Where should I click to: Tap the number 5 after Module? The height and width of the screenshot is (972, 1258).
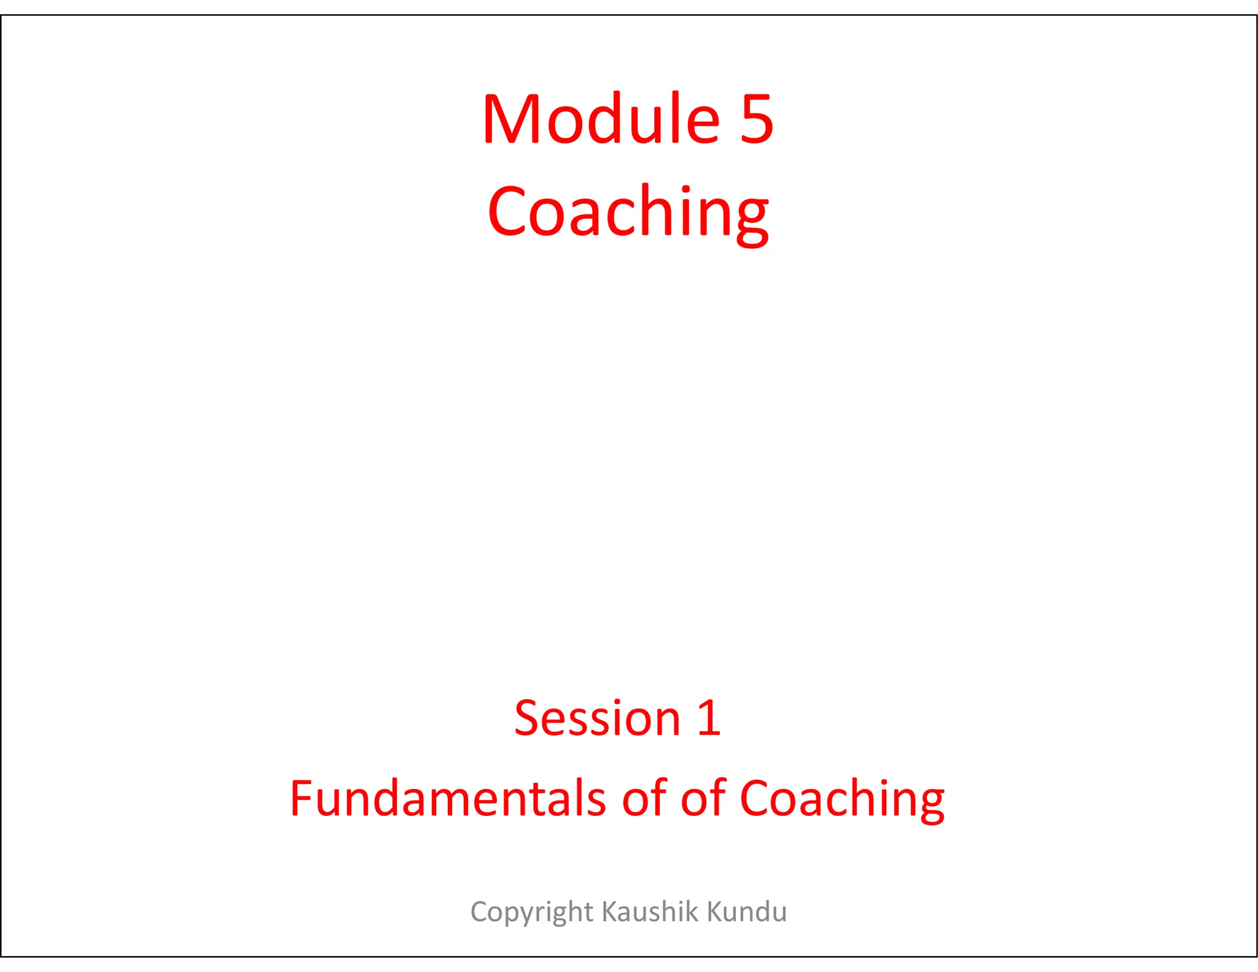(x=756, y=120)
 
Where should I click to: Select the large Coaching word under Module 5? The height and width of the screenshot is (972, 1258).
(x=628, y=212)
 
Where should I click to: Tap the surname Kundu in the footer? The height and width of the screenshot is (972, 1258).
(x=747, y=911)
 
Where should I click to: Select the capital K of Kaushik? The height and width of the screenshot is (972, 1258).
(x=609, y=911)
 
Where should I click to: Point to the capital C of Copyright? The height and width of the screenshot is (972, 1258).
(x=480, y=911)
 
